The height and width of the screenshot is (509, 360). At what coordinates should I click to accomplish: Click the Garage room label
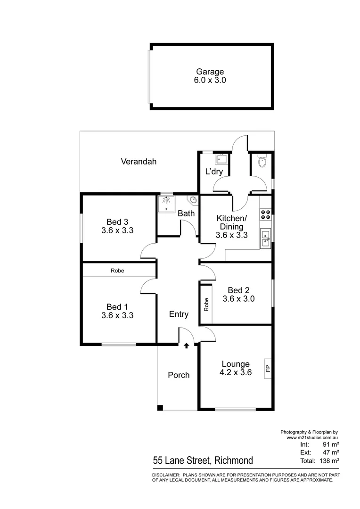tap(211, 72)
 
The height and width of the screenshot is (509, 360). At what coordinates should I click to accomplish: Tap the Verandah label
tap(139, 162)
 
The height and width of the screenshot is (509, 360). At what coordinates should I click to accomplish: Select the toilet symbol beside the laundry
tap(262, 163)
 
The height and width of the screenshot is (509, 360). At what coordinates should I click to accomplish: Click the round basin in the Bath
tap(192, 200)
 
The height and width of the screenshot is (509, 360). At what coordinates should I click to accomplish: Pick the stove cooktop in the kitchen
tap(265, 214)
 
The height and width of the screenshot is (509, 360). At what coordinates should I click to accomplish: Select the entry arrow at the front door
tap(187, 346)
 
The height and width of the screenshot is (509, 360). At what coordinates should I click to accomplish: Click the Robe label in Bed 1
tap(117, 271)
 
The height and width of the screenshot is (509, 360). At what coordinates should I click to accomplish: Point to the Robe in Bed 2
tap(206, 304)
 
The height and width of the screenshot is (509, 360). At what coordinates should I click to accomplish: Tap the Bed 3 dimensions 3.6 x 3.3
tap(117, 231)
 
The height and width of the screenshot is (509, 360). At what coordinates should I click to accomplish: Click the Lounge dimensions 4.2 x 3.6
tap(236, 372)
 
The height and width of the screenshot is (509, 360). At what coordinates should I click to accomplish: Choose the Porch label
tap(179, 375)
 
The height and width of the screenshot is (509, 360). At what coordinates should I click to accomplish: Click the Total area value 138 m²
tap(328, 460)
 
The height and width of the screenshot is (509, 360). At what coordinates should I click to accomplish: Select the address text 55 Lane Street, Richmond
tap(203, 460)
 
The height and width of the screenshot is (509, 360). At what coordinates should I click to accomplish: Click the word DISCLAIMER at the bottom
tap(165, 475)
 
